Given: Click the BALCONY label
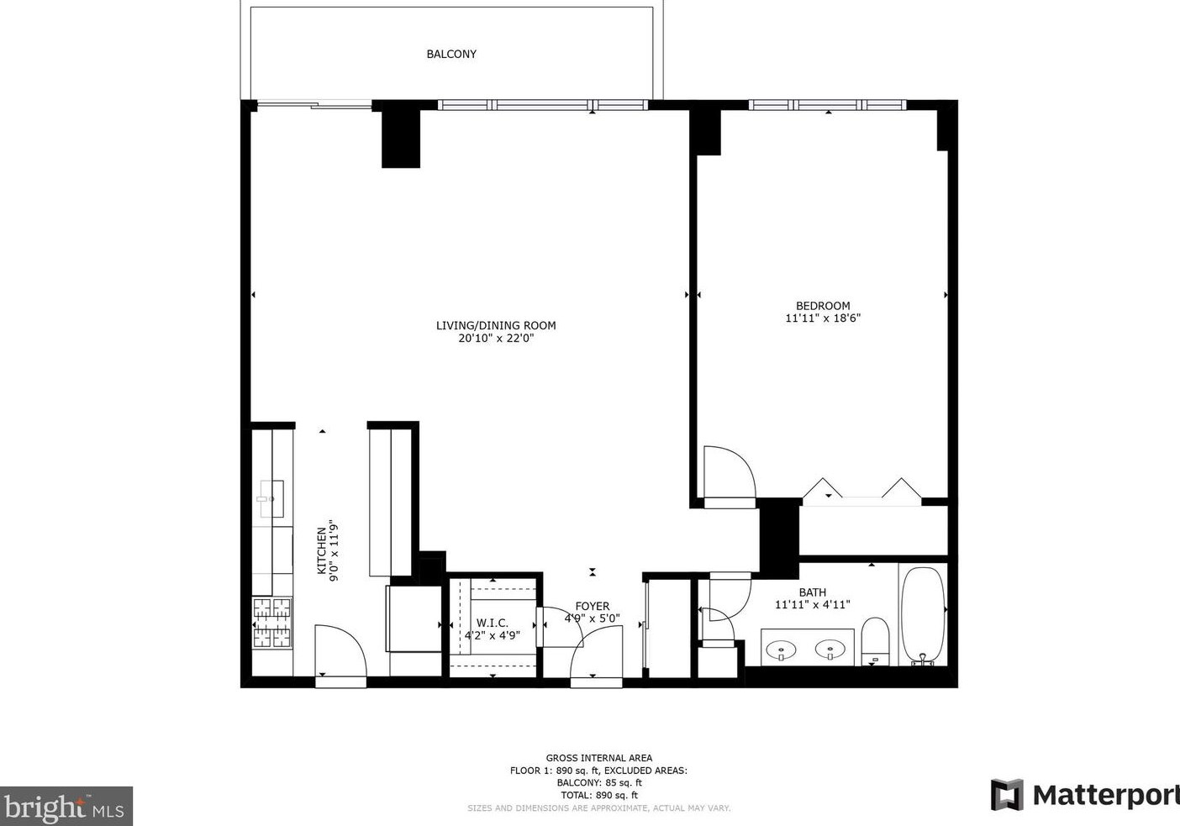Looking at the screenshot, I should (451, 54).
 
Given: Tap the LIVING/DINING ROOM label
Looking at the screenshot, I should (496, 325).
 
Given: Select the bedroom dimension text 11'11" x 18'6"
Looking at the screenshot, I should (823, 318).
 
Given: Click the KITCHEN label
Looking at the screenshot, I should (321, 551).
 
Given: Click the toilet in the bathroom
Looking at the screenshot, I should (875, 640).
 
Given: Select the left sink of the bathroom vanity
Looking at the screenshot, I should (783, 648).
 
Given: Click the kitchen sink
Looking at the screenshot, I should (271, 498).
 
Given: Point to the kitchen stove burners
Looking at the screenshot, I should (272, 623).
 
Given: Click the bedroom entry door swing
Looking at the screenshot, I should (728, 475).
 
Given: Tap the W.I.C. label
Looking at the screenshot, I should (492, 623).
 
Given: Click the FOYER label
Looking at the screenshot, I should (593, 606).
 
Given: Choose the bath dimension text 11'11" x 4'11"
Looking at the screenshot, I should (813, 604).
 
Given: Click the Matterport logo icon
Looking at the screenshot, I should (1007, 795).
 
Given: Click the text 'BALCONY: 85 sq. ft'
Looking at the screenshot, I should (598, 782).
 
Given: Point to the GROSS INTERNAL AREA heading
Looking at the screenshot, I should (598, 757).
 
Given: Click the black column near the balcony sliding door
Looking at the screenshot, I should (401, 136).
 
